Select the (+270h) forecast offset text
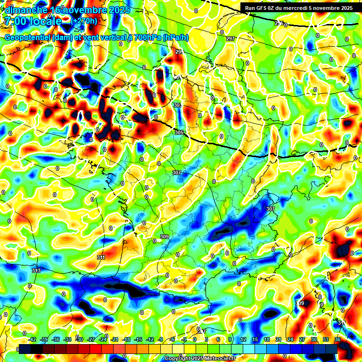[x=84, y=21]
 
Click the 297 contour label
[x=230, y=39]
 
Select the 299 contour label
[x=179, y=52]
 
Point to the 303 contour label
[x=178, y=105]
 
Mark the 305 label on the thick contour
[x=179, y=133]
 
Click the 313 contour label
[x=36, y=271]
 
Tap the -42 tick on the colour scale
[x=33, y=339]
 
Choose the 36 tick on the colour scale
[x=337, y=339]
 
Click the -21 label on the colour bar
[x=115, y=339]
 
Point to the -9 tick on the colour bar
[x=160, y=339]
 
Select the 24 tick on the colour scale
[x=290, y=339]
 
